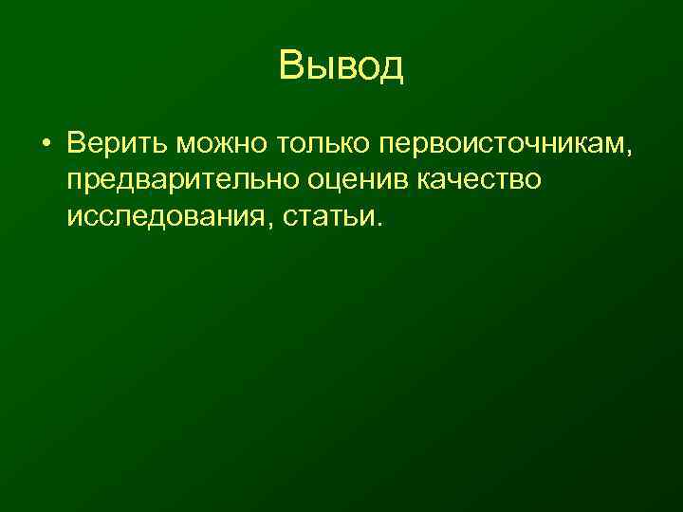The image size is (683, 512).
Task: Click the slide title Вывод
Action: click(341, 66)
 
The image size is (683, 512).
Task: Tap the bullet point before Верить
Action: click(45, 143)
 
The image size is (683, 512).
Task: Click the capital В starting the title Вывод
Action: click(291, 66)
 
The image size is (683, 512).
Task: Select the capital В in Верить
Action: click(76, 143)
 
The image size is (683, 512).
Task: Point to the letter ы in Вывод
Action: click(320, 68)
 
